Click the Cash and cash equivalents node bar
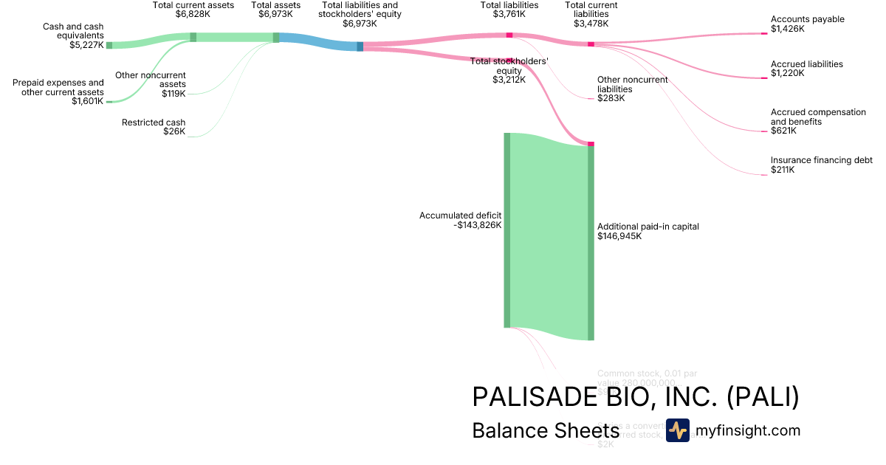pos(109,45)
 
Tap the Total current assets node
pos(193,37)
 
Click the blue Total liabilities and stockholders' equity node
pos(360,46)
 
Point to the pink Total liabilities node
pos(509,35)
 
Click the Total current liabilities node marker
pos(591,44)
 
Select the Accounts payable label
pos(807,19)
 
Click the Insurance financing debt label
pos(821,160)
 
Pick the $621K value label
pos(783,131)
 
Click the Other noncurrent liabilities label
pos(632,84)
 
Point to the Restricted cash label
pos(154,123)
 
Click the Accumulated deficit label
pos(461,216)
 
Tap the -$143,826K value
pos(478,225)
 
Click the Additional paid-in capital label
pos(648,227)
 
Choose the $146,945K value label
pos(619,236)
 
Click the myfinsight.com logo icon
pos(677,430)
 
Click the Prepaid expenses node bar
pos(109,101)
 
